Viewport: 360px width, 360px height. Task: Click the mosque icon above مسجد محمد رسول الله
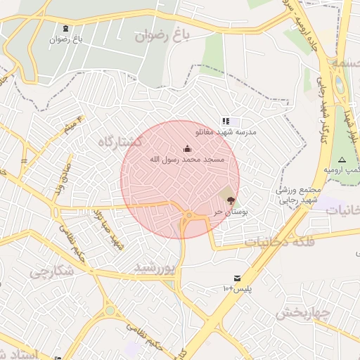pos(187,148)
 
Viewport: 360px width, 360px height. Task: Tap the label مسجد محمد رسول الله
pos(187,160)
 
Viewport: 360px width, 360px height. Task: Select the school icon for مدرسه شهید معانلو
pos(225,122)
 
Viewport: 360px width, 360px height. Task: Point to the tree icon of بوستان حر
pos(231,200)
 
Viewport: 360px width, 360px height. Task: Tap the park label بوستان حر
pos(229,211)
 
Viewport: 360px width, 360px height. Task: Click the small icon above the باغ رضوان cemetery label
pos(66,29)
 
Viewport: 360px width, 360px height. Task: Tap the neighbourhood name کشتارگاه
pos(122,141)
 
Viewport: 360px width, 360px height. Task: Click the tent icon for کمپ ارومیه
pos(342,160)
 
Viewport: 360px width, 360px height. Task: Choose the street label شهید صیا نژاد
pos(105,228)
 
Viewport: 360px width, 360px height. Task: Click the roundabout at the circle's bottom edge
pos(188,215)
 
